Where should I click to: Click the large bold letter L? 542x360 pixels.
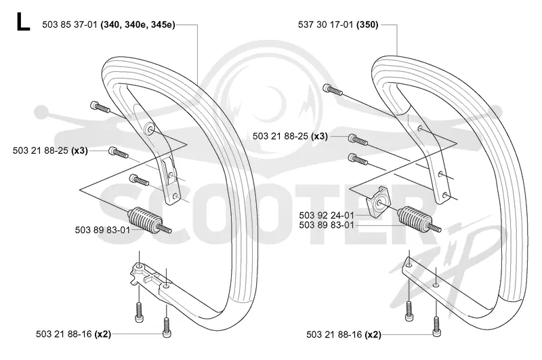23,22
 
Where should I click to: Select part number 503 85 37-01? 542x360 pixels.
70,25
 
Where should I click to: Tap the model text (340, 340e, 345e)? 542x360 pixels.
138,25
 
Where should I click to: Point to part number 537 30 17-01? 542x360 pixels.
326,25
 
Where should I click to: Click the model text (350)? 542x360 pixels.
367,25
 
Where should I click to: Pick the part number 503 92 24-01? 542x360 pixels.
327,216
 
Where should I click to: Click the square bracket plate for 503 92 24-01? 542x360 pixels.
378,201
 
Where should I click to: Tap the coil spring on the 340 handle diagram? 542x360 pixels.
149,220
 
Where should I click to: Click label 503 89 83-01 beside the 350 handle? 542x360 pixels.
327,225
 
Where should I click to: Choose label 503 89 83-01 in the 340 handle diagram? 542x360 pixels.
103,230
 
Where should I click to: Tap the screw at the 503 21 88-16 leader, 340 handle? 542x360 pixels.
167,327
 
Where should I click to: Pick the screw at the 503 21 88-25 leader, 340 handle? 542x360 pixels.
118,152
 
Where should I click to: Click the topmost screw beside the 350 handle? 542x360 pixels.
333,89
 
